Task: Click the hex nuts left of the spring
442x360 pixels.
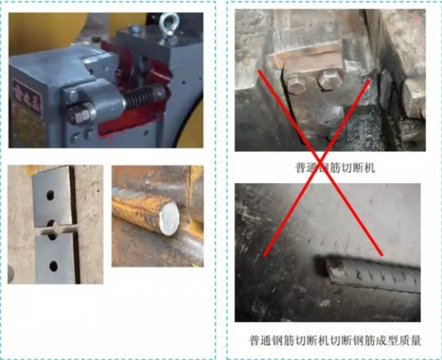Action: (x=80, y=112)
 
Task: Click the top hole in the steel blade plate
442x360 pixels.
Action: (x=50, y=193)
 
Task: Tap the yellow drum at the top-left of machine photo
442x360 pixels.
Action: (x=41, y=31)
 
